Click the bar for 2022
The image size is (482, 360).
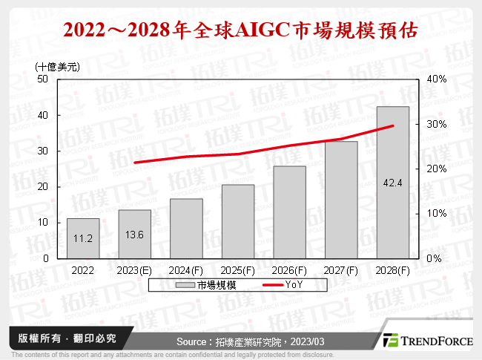83,238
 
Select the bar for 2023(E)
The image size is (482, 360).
135,234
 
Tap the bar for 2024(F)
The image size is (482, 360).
186,229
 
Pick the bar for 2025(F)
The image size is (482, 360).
238,221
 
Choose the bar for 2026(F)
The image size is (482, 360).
289,212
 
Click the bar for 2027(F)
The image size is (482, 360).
341,200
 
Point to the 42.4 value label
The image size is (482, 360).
393,181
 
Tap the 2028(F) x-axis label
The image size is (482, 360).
393,271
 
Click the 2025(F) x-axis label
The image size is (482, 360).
238,271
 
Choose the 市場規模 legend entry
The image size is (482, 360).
207,285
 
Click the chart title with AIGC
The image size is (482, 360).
240,30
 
